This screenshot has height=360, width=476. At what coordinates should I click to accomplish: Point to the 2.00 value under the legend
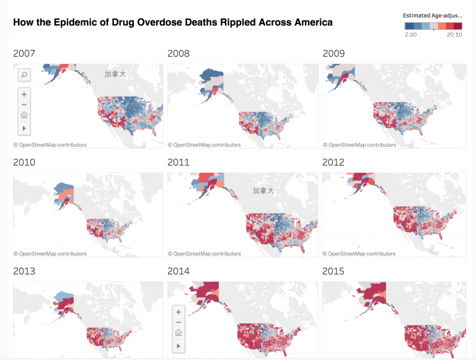pos(410,35)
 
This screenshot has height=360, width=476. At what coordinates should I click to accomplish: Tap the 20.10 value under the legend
pos(454,35)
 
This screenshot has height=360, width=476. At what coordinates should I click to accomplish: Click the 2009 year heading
pos(333,54)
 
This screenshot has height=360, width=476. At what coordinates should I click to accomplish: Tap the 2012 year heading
pos(333,162)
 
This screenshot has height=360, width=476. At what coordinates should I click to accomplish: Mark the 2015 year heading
pos(333,271)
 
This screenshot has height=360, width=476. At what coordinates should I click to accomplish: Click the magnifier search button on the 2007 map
pos(24,75)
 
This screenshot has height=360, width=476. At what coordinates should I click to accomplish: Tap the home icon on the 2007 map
pos(24,115)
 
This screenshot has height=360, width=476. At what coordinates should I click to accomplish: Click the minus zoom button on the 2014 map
pos(178,323)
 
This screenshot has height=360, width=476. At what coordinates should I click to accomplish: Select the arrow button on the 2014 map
pos(178,345)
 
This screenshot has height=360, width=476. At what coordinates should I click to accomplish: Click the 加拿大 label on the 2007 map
pos(115,74)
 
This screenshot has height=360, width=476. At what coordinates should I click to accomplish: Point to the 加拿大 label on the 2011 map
pos(263,191)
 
